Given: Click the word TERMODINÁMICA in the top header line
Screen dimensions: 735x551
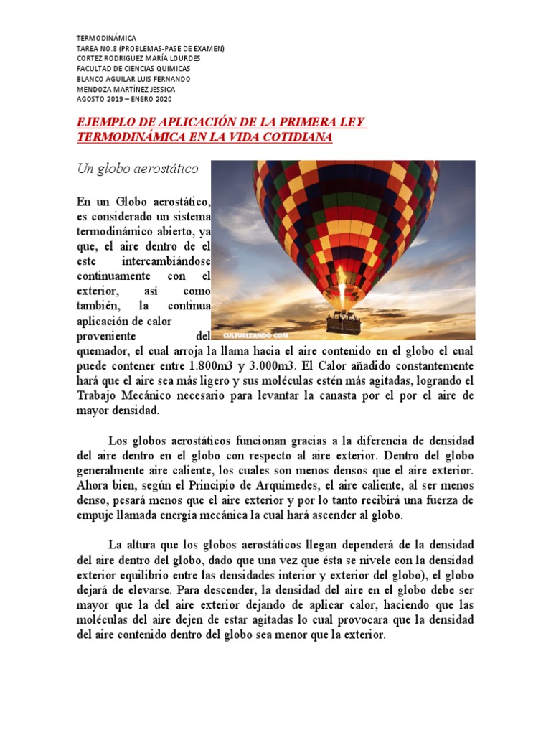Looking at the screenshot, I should [x=105, y=38].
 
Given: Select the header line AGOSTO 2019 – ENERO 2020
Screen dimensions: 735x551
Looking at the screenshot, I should [x=124, y=99].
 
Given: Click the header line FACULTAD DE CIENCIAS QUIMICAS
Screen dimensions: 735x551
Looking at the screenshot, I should [x=133, y=69].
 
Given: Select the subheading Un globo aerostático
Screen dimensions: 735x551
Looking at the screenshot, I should [x=138, y=169].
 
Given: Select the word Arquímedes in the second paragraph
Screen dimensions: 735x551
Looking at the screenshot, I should [x=326, y=485].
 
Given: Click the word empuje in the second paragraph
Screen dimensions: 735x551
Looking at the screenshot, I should [x=97, y=515].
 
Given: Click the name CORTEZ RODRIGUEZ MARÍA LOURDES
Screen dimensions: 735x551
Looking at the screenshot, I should [x=138, y=59].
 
